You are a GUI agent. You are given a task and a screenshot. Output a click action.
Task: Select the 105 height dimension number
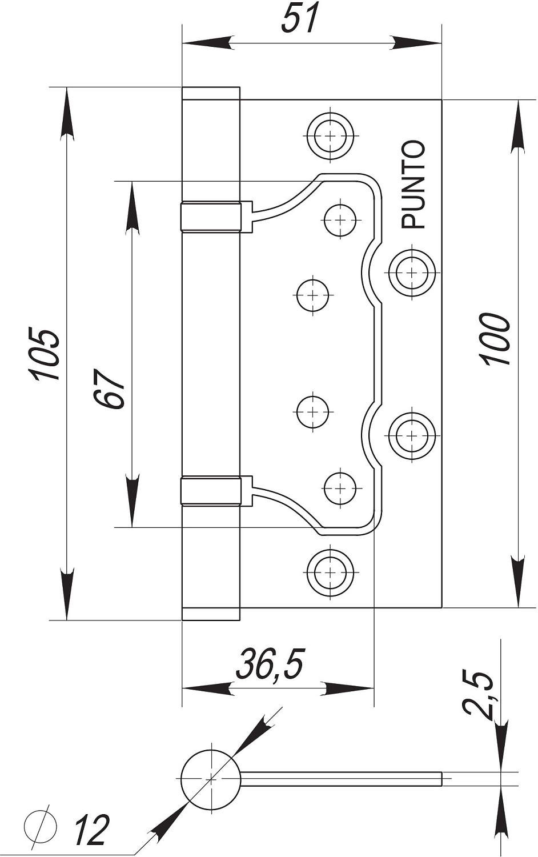pyautogui.click(x=45, y=354)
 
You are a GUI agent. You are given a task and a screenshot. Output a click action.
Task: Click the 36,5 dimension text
pyautogui.click(x=270, y=664)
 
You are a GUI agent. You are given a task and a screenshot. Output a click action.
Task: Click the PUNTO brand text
pyautogui.click(x=413, y=185)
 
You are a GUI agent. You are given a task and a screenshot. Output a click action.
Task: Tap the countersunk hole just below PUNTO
pyautogui.click(x=411, y=273)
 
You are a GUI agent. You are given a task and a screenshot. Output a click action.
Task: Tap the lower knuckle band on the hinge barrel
pyautogui.click(x=210, y=491)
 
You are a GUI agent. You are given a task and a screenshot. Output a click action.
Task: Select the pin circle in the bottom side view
pyautogui.click(x=211, y=779)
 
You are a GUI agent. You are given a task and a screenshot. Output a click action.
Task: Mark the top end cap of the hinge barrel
pyautogui.click(x=211, y=94)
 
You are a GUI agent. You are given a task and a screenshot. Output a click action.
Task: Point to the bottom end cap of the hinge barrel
pyautogui.click(x=211, y=614)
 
